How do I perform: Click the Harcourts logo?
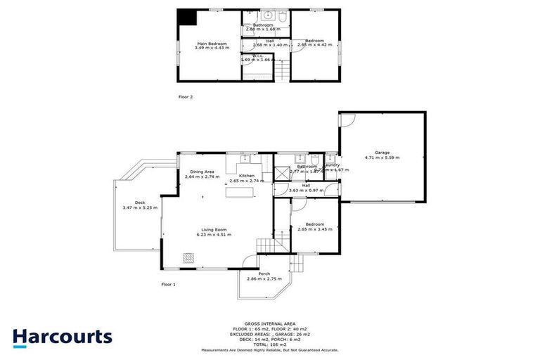click(62, 337)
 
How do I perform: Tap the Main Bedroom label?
click(198, 44)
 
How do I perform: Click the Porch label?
click(264, 274)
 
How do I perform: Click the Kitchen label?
click(246, 175)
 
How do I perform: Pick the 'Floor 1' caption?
click(168, 284)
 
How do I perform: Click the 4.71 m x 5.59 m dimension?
click(382, 157)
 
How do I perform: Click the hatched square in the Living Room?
click(188, 257)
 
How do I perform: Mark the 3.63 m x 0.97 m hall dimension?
click(306, 191)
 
